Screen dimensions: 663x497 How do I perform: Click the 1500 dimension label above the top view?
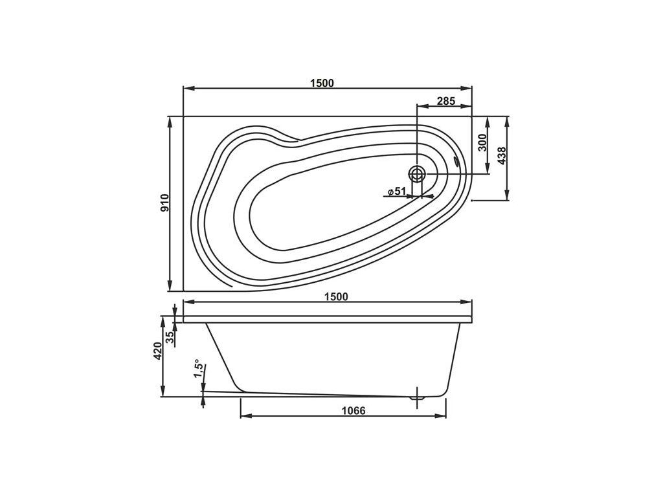pos(322,83)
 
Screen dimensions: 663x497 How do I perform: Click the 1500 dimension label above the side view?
pos(336,296)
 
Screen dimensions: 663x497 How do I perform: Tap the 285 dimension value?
pos(445,101)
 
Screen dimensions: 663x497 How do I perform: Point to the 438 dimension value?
pos(501,155)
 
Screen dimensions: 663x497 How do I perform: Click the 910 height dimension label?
pos(165,203)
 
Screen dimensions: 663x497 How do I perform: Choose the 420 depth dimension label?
pos(157,351)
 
